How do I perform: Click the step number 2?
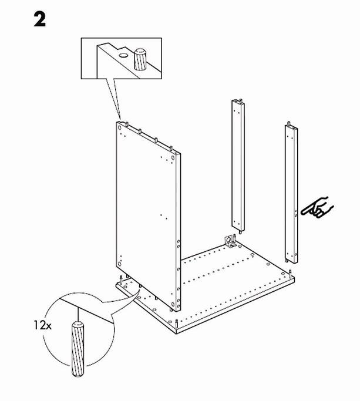click(x=40, y=20)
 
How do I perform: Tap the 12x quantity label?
click(x=42, y=326)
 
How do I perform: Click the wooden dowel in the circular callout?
click(x=78, y=349)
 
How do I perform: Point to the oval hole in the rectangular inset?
click(x=123, y=55)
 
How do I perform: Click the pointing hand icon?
click(x=317, y=208)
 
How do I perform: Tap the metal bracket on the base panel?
click(x=230, y=242)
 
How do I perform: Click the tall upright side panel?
click(x=148, y=216)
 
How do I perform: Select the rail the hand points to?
click(x=291, y=193)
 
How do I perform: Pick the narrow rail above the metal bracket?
click(x=238, y=165)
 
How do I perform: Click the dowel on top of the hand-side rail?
click(x=289, y=123)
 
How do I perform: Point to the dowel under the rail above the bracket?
click(x=241, y=232)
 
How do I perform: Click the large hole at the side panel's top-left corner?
click(x=119, y=127)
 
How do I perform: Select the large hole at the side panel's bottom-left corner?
click(x=119, y=264)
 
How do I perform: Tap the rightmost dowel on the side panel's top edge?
click(x=171, y=149)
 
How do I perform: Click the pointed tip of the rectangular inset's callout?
click(x=119, y=119)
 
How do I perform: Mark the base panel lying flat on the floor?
click(x=205, y=287)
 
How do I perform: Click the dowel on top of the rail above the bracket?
click(x=241, y=100)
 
